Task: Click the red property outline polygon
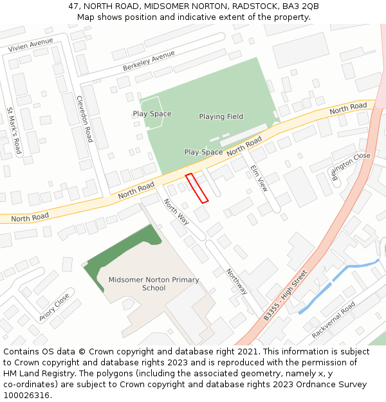tap(197, 188)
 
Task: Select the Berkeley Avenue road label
tap(149, 61)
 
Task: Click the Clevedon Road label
tap(84, 119)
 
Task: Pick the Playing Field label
tap(221, 116)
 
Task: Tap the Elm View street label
tap(259, 178)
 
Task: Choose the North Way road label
tap(176, 212)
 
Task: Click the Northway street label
tap(236, 282)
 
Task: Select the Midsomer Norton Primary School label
tap(154, 284)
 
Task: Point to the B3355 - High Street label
tap(286, 297)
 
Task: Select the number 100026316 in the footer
tap(26, 396)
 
